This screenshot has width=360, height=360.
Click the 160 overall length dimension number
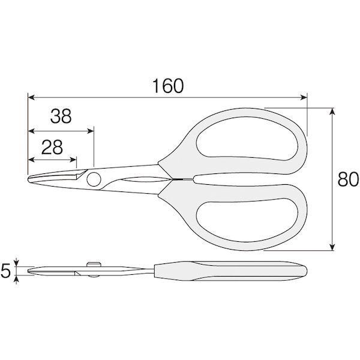coord(168,86)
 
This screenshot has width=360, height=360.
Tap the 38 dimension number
coord(61,116)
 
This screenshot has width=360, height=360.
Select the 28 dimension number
coord(52,147)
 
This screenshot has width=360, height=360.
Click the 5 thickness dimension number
coord(5,271)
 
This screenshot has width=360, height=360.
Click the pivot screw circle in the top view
coord(94,179)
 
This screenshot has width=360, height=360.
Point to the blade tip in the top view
coord(28,179)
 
